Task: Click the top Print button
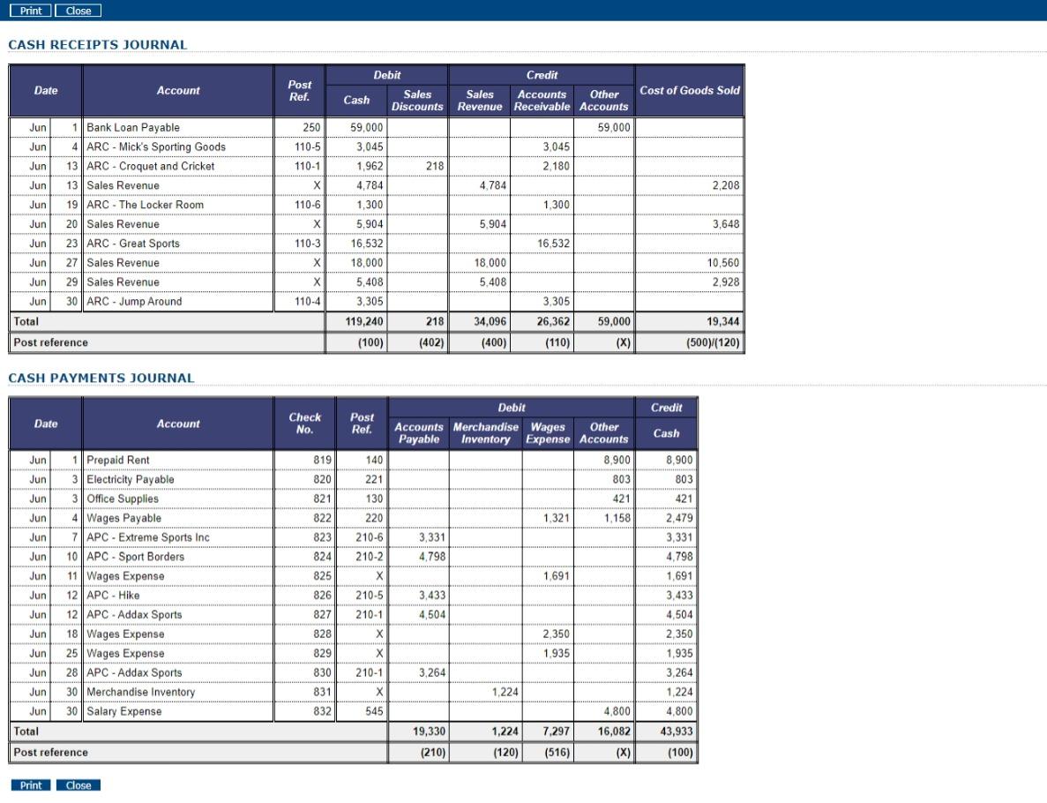[31, 11]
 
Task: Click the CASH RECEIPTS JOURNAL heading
[98, 45]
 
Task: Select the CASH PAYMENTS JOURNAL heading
[101, 379]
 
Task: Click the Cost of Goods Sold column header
[690, 91]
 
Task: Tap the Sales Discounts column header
[417, 101]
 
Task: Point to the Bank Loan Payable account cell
[133, 128]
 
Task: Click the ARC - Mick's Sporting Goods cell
[156, 147]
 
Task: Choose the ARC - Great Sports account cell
[133, 244]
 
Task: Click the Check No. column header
[305, 424]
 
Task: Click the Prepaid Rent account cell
[118, 461]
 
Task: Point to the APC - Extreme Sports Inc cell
[148, 537]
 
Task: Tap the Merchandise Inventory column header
[486, 433]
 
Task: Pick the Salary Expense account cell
[124, 712]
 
